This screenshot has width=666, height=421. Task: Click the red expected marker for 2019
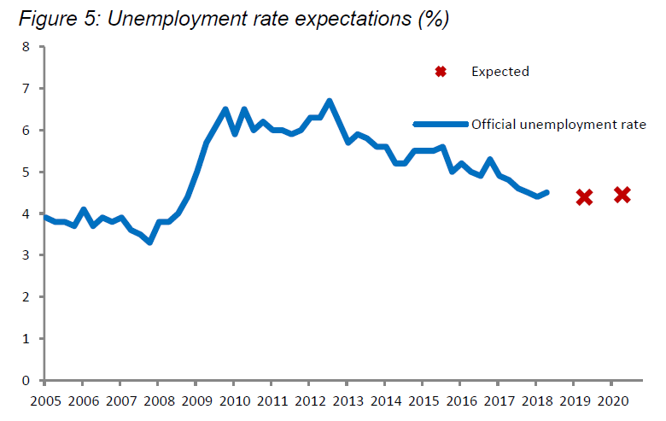[x=584, y=197]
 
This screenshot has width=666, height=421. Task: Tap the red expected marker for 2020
[x=622, y=195]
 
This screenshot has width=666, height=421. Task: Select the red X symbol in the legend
[x=441, y=72]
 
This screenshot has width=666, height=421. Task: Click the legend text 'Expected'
[x=500, y=72]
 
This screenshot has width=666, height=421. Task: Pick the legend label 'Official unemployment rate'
[x=558, y=124]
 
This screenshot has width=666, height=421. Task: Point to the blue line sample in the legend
[x=441, y=124]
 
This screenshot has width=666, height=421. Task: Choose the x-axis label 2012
[x=310, y=401]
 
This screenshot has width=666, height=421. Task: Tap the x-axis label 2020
[x=613, y=401]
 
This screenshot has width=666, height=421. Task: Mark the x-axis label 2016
[x=461, y=401]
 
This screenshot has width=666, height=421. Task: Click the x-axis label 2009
[x=196, y=401]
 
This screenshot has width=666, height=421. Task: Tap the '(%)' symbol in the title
[x=432, y=19]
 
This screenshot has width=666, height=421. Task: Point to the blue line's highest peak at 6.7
[x=329, y=101]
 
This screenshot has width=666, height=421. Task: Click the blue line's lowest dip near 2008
[x=149, y=243]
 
